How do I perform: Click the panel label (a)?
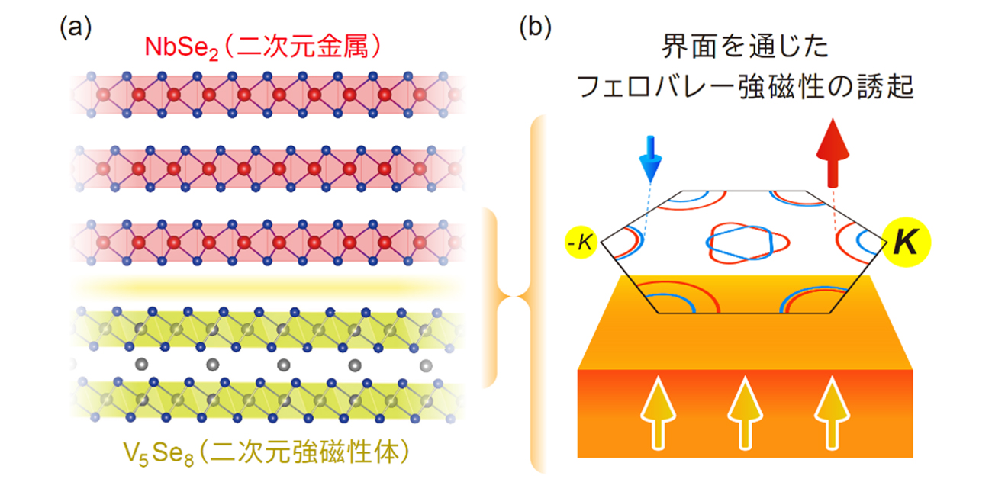click(x=75, y=28)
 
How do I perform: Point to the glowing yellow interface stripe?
click(x=267, y=287)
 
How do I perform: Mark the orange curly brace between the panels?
click(x=507, y=297)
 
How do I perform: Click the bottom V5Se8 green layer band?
click(x=267, y=397)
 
